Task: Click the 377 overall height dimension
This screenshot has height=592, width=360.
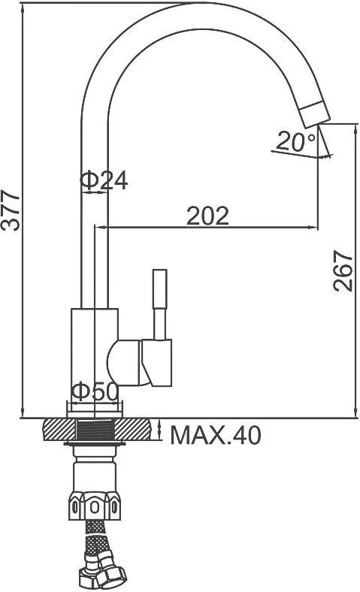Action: (x=11, y=210)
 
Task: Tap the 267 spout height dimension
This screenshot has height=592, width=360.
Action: (x=343, y=270)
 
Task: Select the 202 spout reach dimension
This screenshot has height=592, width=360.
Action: (x=207, y=216)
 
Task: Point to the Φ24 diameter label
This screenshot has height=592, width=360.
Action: (x=104, y=180)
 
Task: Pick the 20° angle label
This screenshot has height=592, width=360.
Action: (x=295, y=141)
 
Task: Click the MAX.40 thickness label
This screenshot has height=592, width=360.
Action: (x=215, y=435)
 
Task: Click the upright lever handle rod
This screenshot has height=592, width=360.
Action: (x=160, y=304)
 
